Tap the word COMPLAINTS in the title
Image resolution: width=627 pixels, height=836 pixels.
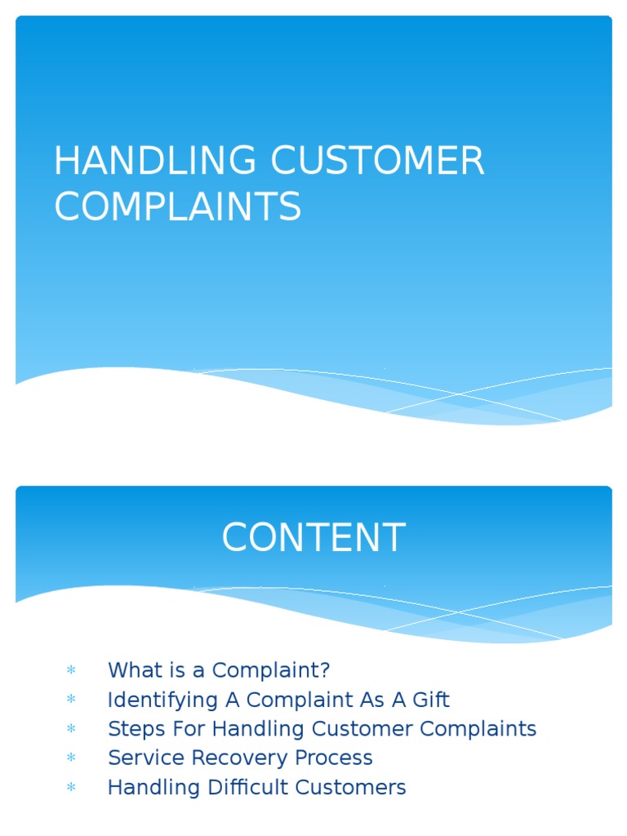177,207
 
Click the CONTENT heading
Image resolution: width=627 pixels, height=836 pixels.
313,538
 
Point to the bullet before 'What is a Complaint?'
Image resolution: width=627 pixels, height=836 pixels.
71,671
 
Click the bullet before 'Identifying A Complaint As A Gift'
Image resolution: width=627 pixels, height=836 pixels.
71,700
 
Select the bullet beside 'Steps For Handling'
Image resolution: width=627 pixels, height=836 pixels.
71,729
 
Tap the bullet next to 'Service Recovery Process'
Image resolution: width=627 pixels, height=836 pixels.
71,758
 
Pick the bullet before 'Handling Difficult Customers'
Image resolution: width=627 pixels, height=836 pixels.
71,788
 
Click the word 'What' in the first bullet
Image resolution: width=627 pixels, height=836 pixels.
131,670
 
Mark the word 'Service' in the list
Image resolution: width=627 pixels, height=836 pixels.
143,758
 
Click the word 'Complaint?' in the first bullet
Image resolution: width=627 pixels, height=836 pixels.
270,671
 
